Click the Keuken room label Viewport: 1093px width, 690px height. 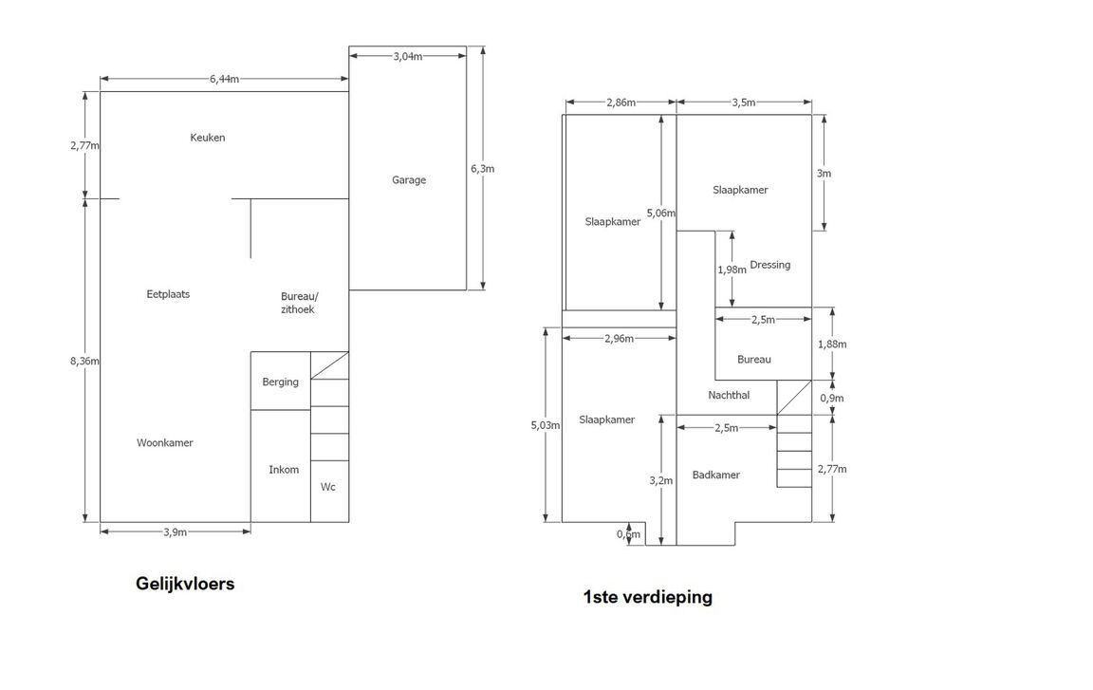208,138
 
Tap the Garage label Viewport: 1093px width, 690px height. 409,180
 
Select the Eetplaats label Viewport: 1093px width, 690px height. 168,294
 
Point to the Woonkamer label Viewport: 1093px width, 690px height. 165,443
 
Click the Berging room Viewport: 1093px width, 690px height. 280,382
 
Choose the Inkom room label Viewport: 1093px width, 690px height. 284,470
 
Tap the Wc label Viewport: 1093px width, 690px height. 328,487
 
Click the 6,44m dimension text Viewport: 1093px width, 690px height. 225,79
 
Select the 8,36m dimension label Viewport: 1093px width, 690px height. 85,361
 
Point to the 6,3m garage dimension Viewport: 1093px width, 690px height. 483,169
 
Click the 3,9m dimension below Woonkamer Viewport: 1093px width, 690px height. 175,532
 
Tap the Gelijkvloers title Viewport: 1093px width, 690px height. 185,584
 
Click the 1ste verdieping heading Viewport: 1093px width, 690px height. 648,597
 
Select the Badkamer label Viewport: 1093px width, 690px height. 716,476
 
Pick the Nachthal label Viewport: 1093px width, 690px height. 729,395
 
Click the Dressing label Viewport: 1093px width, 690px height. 769,265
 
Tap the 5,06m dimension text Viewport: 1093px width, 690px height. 661,214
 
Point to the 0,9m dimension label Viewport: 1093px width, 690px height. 832,399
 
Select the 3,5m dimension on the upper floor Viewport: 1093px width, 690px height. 744,103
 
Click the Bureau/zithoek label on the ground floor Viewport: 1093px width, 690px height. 299,302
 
